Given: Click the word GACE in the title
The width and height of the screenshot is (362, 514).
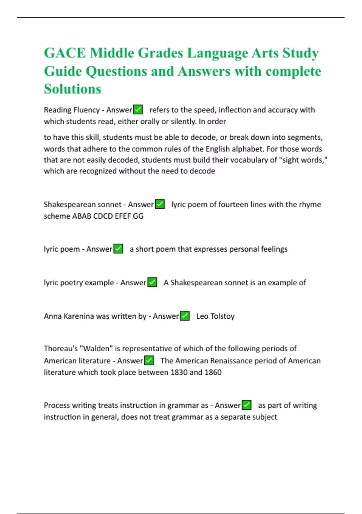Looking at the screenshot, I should click(65, 53).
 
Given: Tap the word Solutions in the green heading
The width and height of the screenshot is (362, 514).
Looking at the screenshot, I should click(72, 89).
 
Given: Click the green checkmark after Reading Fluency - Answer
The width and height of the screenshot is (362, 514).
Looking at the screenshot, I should click(138, 109).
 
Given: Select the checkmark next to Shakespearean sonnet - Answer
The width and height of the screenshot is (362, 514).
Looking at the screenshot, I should click(160, 204).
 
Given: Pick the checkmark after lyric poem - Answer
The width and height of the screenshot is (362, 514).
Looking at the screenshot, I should click(118, 249).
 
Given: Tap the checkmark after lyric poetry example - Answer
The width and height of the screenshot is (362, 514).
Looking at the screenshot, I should click(152, 282).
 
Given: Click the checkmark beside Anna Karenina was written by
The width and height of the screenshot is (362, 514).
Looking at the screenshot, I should click(185, 316).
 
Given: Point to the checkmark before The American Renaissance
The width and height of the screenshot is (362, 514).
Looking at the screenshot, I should click(149, 360).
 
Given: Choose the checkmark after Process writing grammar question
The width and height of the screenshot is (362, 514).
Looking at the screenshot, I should click(247, 405).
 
